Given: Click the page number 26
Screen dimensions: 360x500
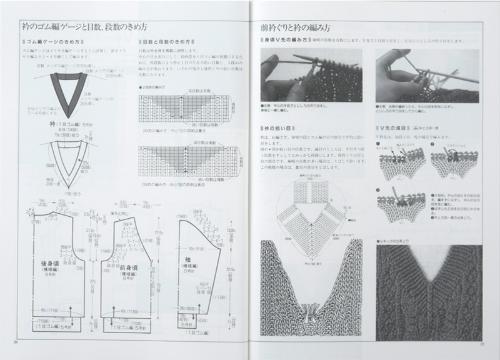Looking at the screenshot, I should [14, 342].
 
